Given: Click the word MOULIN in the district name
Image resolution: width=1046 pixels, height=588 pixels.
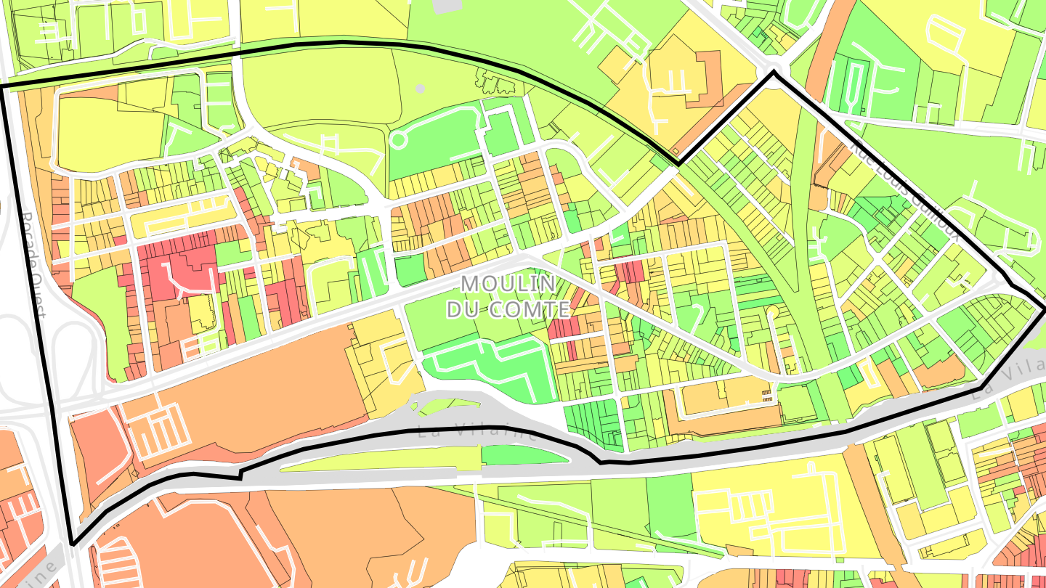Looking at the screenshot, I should pos(498,284).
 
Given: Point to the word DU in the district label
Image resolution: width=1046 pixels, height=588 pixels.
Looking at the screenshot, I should pos(462,310).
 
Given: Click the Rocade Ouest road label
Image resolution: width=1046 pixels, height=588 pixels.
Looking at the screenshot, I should pos(33,265).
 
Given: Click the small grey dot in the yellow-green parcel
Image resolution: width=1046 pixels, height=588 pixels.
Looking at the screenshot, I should pos(420,89).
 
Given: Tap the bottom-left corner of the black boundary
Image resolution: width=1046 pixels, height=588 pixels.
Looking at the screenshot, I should pos(72,544).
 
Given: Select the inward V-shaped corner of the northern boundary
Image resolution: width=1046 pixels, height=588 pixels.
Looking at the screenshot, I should pos(678,164).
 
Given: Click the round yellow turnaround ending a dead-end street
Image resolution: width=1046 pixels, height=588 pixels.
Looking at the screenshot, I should pos(771,313).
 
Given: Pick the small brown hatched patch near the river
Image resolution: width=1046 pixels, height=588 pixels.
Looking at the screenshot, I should pos(767,394).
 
